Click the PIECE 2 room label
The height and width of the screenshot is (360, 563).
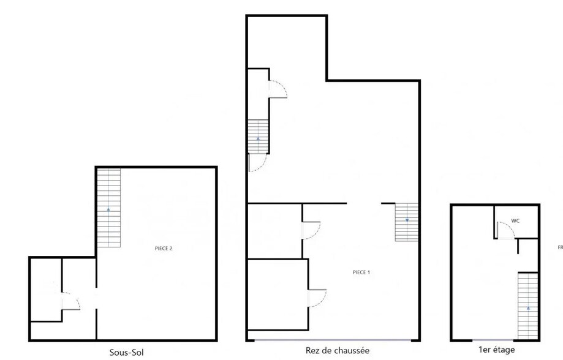163,248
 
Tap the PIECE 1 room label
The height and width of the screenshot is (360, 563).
361,272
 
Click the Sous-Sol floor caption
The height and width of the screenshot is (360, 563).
127,352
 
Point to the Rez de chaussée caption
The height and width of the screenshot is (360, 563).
338,351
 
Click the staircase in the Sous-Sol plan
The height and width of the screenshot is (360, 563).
108,208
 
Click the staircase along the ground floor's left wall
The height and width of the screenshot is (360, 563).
258,136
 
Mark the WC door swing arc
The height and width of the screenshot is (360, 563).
505,230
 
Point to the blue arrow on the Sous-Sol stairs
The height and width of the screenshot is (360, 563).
108,209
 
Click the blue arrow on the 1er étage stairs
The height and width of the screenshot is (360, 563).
527,308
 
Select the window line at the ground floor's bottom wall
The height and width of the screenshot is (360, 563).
334,340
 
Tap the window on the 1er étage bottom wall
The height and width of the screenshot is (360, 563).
494,340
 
